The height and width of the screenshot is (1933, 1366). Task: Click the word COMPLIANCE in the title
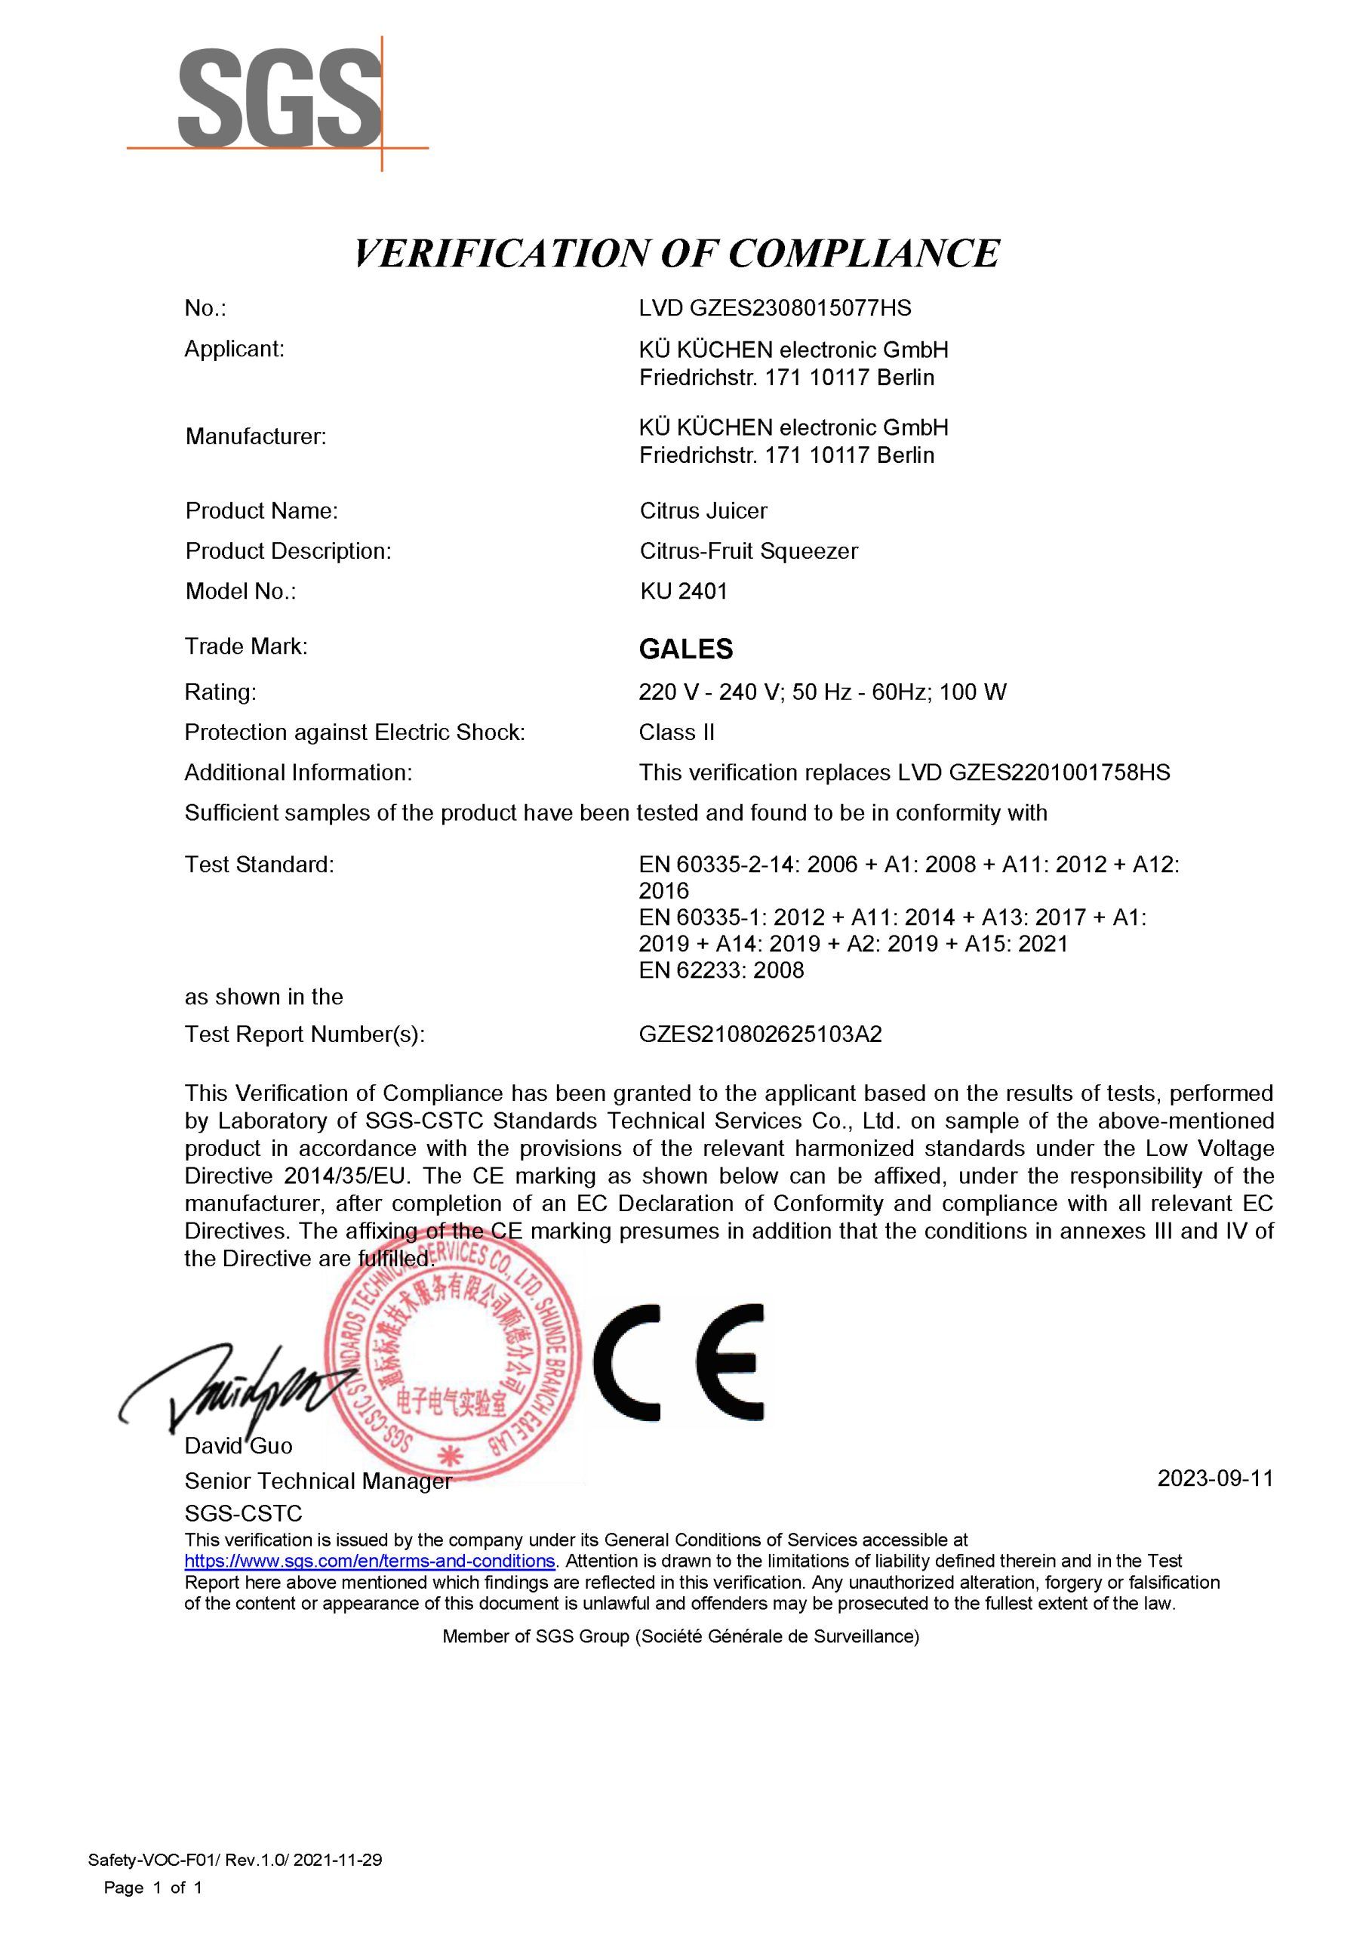tap(863, 254)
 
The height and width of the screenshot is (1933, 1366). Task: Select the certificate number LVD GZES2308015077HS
tap(774, 308)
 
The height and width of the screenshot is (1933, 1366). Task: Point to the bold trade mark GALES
tap(685, 649)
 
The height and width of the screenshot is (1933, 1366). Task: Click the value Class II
tap(676, 732)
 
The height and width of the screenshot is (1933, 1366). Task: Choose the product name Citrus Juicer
tap(703, 511)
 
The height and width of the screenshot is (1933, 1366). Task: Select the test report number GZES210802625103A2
tap(760, 1034)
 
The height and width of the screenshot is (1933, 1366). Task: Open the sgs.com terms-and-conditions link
tap(370, 1560)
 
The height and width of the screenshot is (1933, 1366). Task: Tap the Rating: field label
tap(220, 692)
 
